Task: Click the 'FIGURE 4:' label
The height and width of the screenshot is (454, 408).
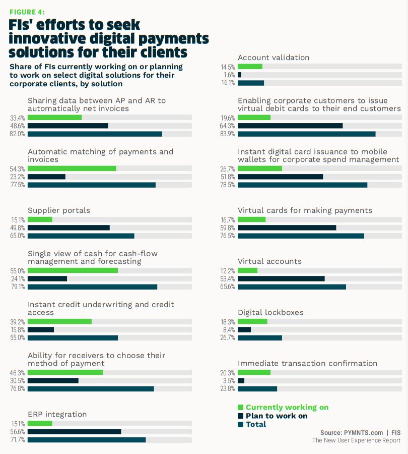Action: click(28, 11)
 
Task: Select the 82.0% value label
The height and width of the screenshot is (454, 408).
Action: click(18, 134)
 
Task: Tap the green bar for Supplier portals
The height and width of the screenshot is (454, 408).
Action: click(40, 219)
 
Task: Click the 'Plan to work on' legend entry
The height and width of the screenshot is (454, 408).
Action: click(277, 416)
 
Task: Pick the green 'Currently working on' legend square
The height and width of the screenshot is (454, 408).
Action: click(240, 407)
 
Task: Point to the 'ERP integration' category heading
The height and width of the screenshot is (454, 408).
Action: click(57, 414)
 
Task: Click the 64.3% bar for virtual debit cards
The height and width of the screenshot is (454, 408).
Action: click(290, 126)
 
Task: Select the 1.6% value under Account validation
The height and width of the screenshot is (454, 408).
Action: click(228, 75)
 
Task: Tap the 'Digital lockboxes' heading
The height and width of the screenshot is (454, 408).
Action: click(270, 312)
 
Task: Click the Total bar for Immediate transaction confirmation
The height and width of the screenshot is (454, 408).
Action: click(257, 388)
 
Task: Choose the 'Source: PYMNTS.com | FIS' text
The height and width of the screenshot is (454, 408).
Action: click(360, 433)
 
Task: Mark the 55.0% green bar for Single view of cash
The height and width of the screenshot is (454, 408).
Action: click(73, 270)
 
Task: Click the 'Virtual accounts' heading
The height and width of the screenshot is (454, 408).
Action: click(269, 261)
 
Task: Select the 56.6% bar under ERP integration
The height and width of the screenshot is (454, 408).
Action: click(74, 431)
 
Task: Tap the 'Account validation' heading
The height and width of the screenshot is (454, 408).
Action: click(274, 58)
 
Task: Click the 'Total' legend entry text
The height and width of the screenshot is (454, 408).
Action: click(256, 424)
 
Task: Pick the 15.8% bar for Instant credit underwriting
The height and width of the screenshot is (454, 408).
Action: click(41, 329)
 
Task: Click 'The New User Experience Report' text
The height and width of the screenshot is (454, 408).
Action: click(356, 441)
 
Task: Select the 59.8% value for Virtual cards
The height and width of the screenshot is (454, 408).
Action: click(228, 228)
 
